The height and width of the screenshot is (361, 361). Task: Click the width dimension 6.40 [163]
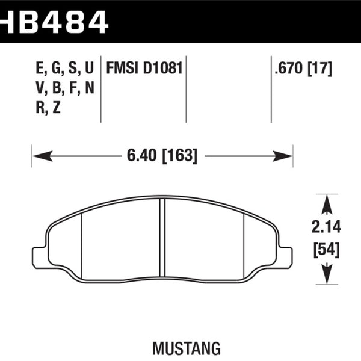[162, 156]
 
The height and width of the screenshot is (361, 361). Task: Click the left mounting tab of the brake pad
[39, 256]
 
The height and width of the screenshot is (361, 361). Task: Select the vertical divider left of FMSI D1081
[100, 90]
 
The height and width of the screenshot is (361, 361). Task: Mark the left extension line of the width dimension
[32, 156]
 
